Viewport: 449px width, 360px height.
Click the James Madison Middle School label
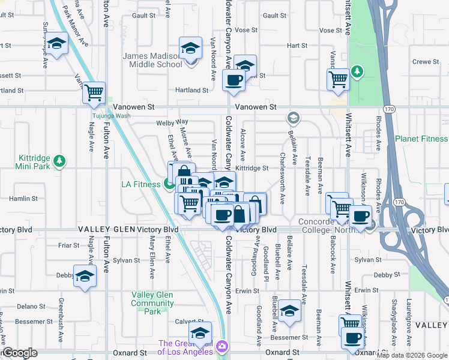[152, 60]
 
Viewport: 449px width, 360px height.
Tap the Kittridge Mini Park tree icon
[59, 161]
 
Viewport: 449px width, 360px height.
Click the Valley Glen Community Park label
[152, 303]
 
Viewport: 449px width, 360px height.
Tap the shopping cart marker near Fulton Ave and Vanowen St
[94, 93]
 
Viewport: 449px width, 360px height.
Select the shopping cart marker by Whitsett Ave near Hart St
[339, 79]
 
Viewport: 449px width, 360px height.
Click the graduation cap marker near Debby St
[85, 276]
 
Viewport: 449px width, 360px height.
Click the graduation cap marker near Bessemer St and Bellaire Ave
[289, 311]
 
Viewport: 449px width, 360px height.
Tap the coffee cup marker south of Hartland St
[233, 80]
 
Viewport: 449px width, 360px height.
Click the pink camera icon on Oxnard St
[221, 346]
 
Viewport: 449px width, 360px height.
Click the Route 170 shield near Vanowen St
[388, 109]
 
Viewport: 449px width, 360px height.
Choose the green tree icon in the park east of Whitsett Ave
[358, 72]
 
